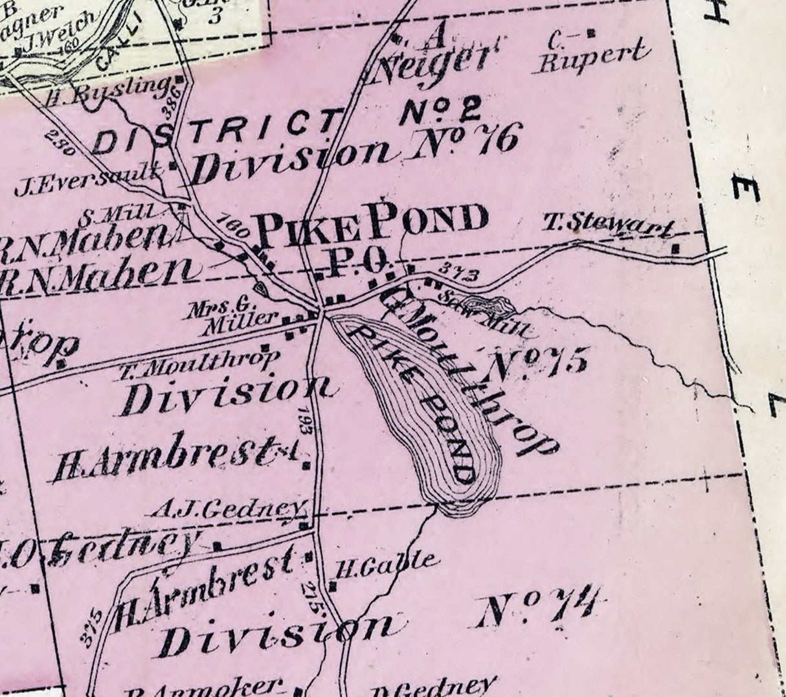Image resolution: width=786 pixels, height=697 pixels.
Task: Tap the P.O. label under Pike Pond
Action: [x=358, y=260]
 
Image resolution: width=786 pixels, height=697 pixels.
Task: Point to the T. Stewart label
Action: [x=607, y=224]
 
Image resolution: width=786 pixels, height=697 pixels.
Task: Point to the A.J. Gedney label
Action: [x=227, y=509]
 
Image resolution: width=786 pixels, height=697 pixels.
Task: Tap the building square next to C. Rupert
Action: [x=590, y=32]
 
